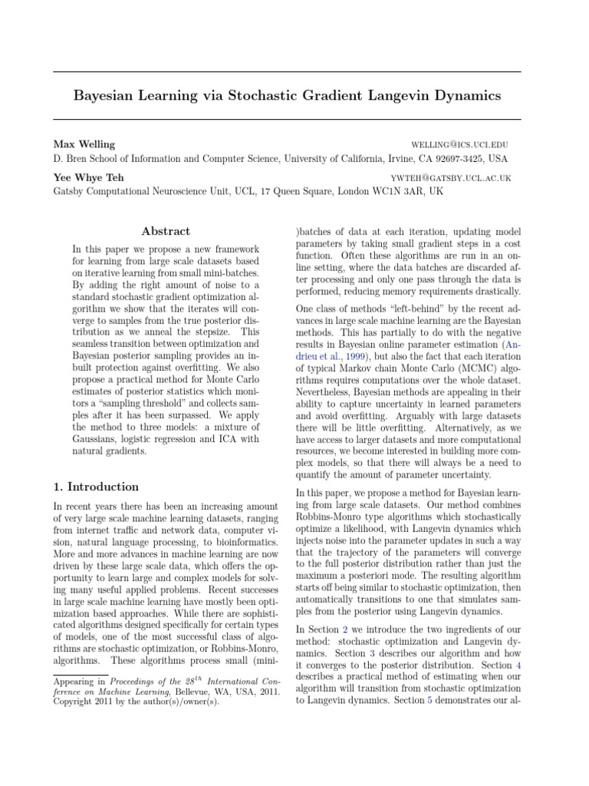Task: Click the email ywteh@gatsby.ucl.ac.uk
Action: pyautogui.click(x=451, y=177)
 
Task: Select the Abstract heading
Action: pyautogui.click(x=166, y=231)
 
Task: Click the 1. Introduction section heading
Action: pyautogui.click(x=96, y=487)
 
